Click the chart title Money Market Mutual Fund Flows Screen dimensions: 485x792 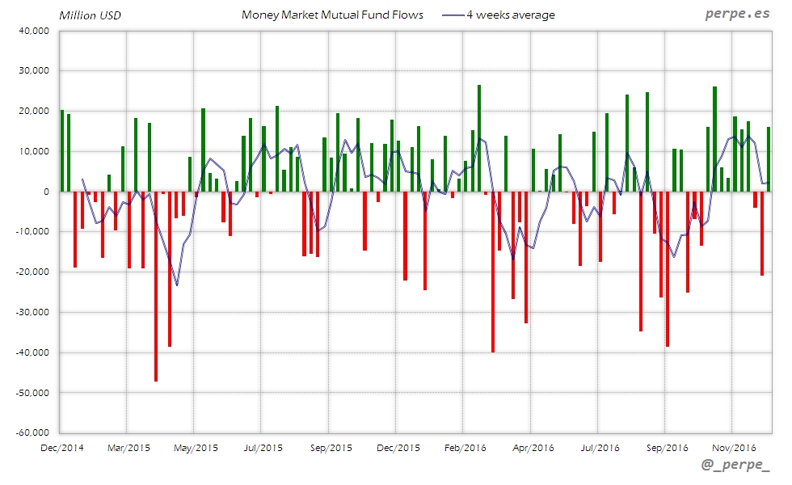pos(332,15)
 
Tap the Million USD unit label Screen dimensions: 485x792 pos(90,15)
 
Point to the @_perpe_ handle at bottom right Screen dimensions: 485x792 pos(736,466)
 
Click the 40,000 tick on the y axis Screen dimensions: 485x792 pos(33,31)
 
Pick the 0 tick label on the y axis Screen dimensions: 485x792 pos(47,192)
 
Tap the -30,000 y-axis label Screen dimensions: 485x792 pos(32,313)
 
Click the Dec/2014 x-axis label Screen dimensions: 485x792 pos(61,447)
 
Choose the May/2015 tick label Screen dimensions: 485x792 pos(195,447)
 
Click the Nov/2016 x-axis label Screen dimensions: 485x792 pos(733,447)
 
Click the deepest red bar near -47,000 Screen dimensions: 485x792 pos(156,286)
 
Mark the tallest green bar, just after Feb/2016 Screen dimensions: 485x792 pos(479,138)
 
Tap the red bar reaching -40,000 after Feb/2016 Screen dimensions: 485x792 pos(493,272)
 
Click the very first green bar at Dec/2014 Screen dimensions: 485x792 pos(62,151)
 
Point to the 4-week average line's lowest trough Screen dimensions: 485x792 pos(177,285)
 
